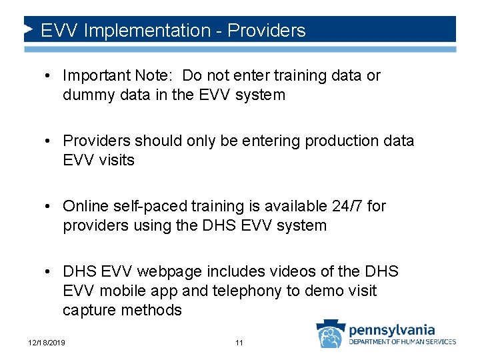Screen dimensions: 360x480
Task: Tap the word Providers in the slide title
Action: tap(267, 31)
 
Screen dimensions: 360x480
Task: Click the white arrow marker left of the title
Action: tap(28, 29)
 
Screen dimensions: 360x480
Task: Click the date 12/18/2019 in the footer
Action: tap(47, 343)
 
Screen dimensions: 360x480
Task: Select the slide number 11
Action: tap(239, 343)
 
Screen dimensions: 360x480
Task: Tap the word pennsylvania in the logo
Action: tap(392, 329)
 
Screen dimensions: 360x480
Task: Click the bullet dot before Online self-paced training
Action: tap(49, 206)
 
